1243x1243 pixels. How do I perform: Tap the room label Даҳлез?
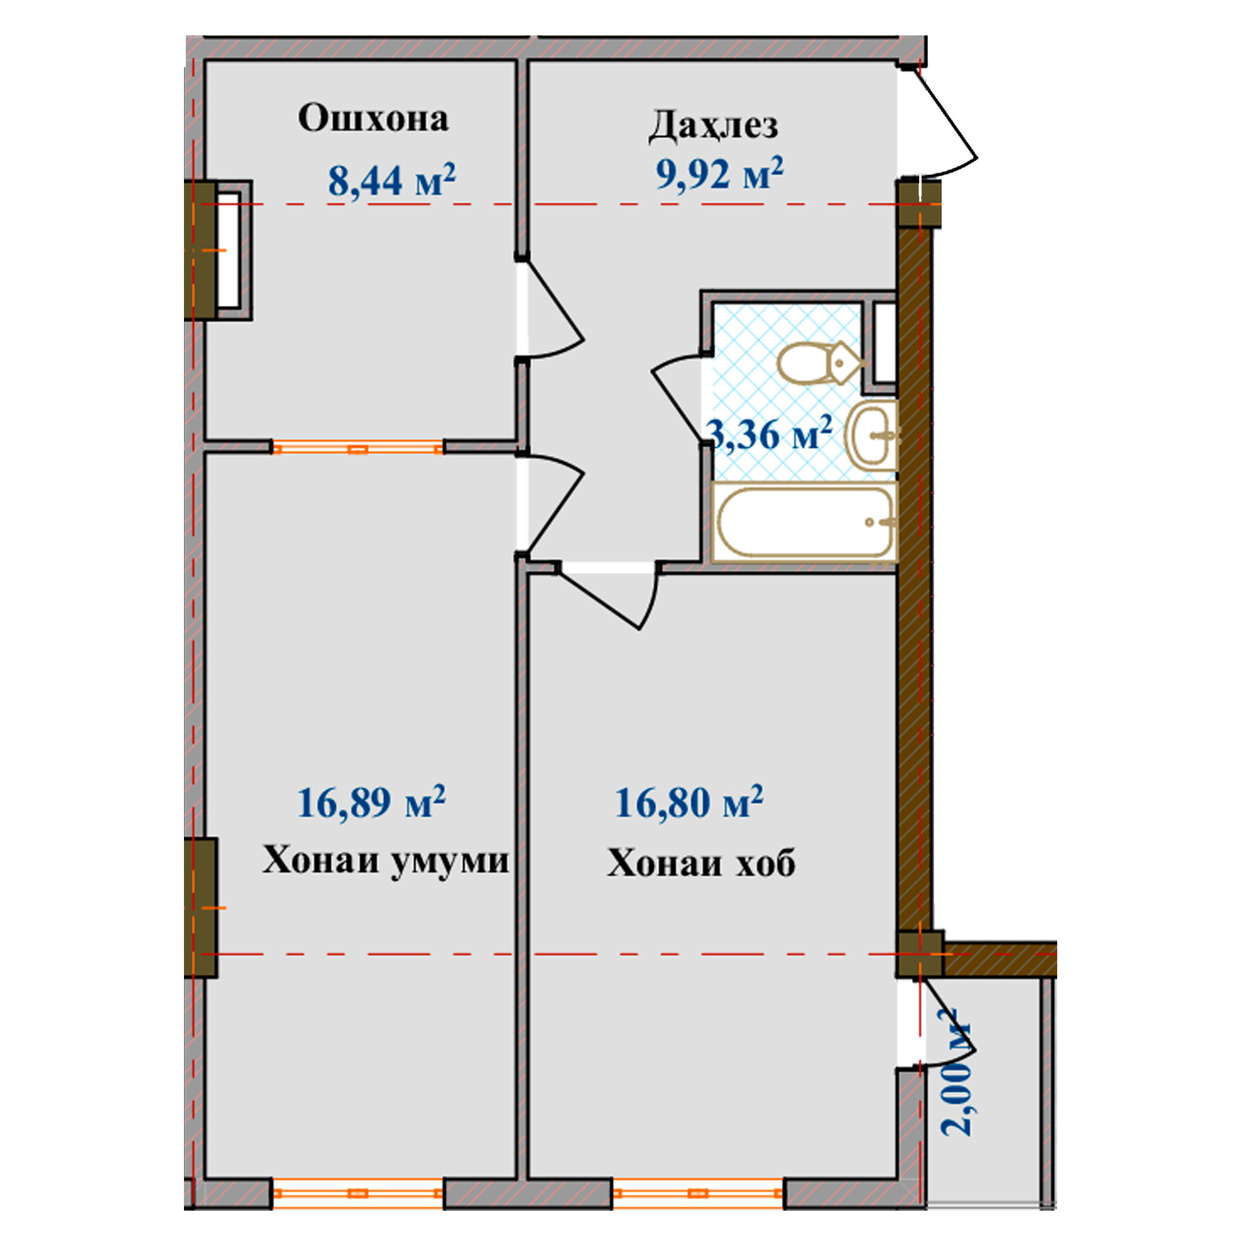coord(713,126)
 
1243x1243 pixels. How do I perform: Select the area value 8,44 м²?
coord(392,180)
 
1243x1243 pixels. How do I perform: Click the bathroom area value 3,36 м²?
coord(769,433)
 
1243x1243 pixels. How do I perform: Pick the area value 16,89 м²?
coord(371,802)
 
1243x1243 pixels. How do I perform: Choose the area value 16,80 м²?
coord(689,802)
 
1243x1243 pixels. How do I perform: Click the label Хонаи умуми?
coord(385,860)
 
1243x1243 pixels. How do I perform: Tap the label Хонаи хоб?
coord(701,862)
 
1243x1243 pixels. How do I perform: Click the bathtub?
coord(805,523)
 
